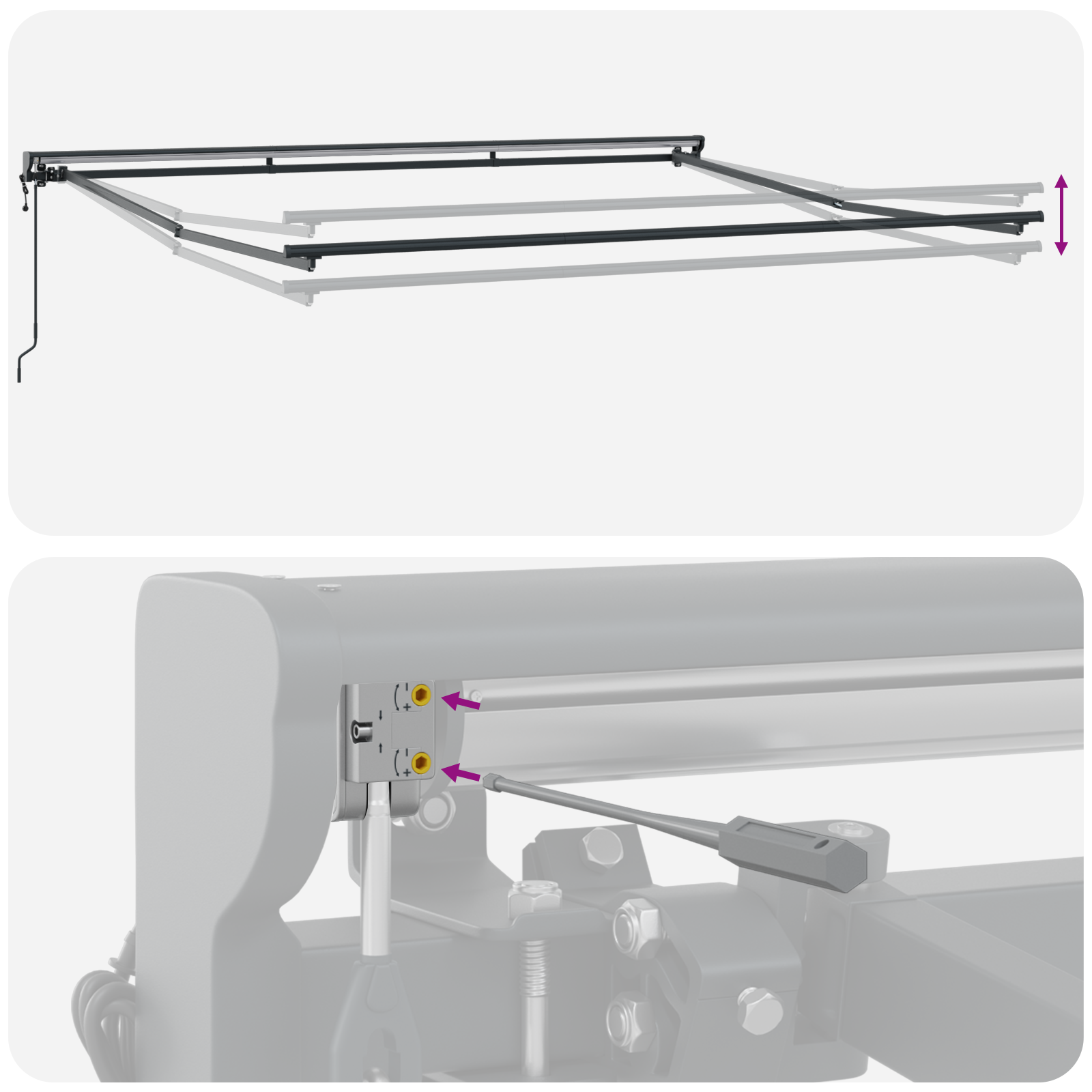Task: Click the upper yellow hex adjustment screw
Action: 421,696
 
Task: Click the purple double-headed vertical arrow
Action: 1061,214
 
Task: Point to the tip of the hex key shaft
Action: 489,778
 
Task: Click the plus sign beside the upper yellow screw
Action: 407,707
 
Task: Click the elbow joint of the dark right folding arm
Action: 837,202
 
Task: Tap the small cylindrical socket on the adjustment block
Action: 360,732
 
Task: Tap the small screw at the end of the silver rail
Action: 476,696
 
